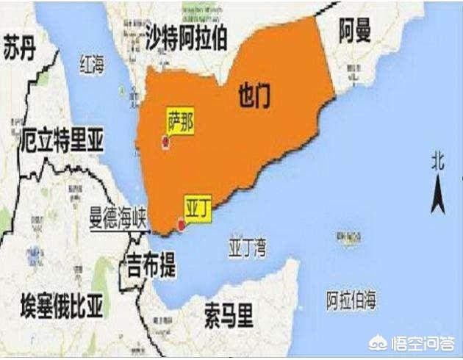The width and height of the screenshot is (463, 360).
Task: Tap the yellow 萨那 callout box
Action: [180, 122]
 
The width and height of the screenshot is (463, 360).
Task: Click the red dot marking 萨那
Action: [165, 143]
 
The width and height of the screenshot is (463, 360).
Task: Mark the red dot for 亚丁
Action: [181, 225]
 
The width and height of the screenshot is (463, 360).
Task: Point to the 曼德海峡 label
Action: [118, 220]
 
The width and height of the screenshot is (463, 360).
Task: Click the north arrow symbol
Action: [438, 193]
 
